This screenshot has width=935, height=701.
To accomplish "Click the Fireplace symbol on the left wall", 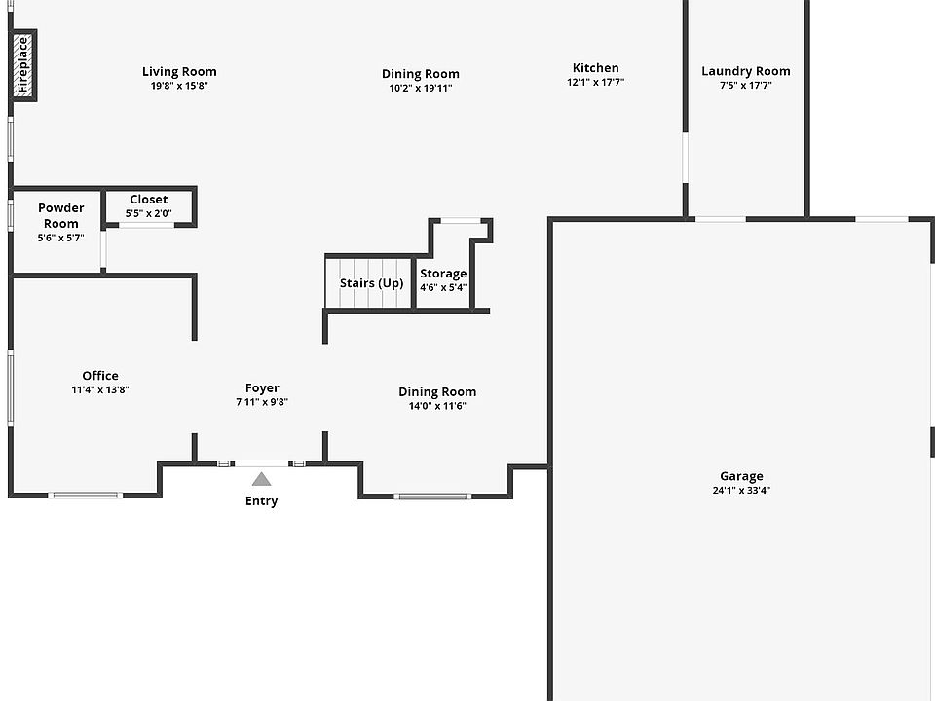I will pyautogui.click(x=23, y=65).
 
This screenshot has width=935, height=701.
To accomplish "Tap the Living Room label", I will pyautogui.click(x=179, y=71).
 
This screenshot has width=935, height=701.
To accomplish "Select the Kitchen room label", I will pyautogui.click(x=595, y=68).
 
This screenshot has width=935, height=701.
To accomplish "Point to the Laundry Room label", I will pyautogui.click(x=745, y=71).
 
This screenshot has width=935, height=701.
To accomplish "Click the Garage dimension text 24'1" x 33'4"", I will pyautogui.click(x=741, y=491).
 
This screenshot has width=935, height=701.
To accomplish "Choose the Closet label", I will pyautogui.click(x=148, y=200).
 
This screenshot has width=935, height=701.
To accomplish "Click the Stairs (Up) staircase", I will pyautogui.click(x=370, y=283).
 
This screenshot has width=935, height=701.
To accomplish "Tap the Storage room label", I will pyautogui.click(x=443, y=274).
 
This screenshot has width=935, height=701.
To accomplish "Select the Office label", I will pyautogui.click(x=99, y=376).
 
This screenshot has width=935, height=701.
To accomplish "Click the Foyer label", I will pyautogui.click(x=261, y=388).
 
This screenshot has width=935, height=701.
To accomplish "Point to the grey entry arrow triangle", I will pyautogui.click(x=261, y=479).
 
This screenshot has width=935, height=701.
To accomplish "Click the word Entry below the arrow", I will pyautogui.click(x=261, y=501).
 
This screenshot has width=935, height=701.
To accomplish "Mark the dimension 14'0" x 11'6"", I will pyautogui.click(x=437, y=406).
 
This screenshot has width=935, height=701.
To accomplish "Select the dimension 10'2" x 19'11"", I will pyautogui.click(x=421, y=88).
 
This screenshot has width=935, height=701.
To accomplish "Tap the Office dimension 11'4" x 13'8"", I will pyautogui.click(x=99, y=389).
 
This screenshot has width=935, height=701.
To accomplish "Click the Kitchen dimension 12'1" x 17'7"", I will pyautogui.click(x=595, y=83).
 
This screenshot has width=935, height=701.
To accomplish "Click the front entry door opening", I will pyautogui.click(x=261, y=463).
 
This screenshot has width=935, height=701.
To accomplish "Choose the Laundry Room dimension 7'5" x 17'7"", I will pyautogui.click(x=745, y=86).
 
